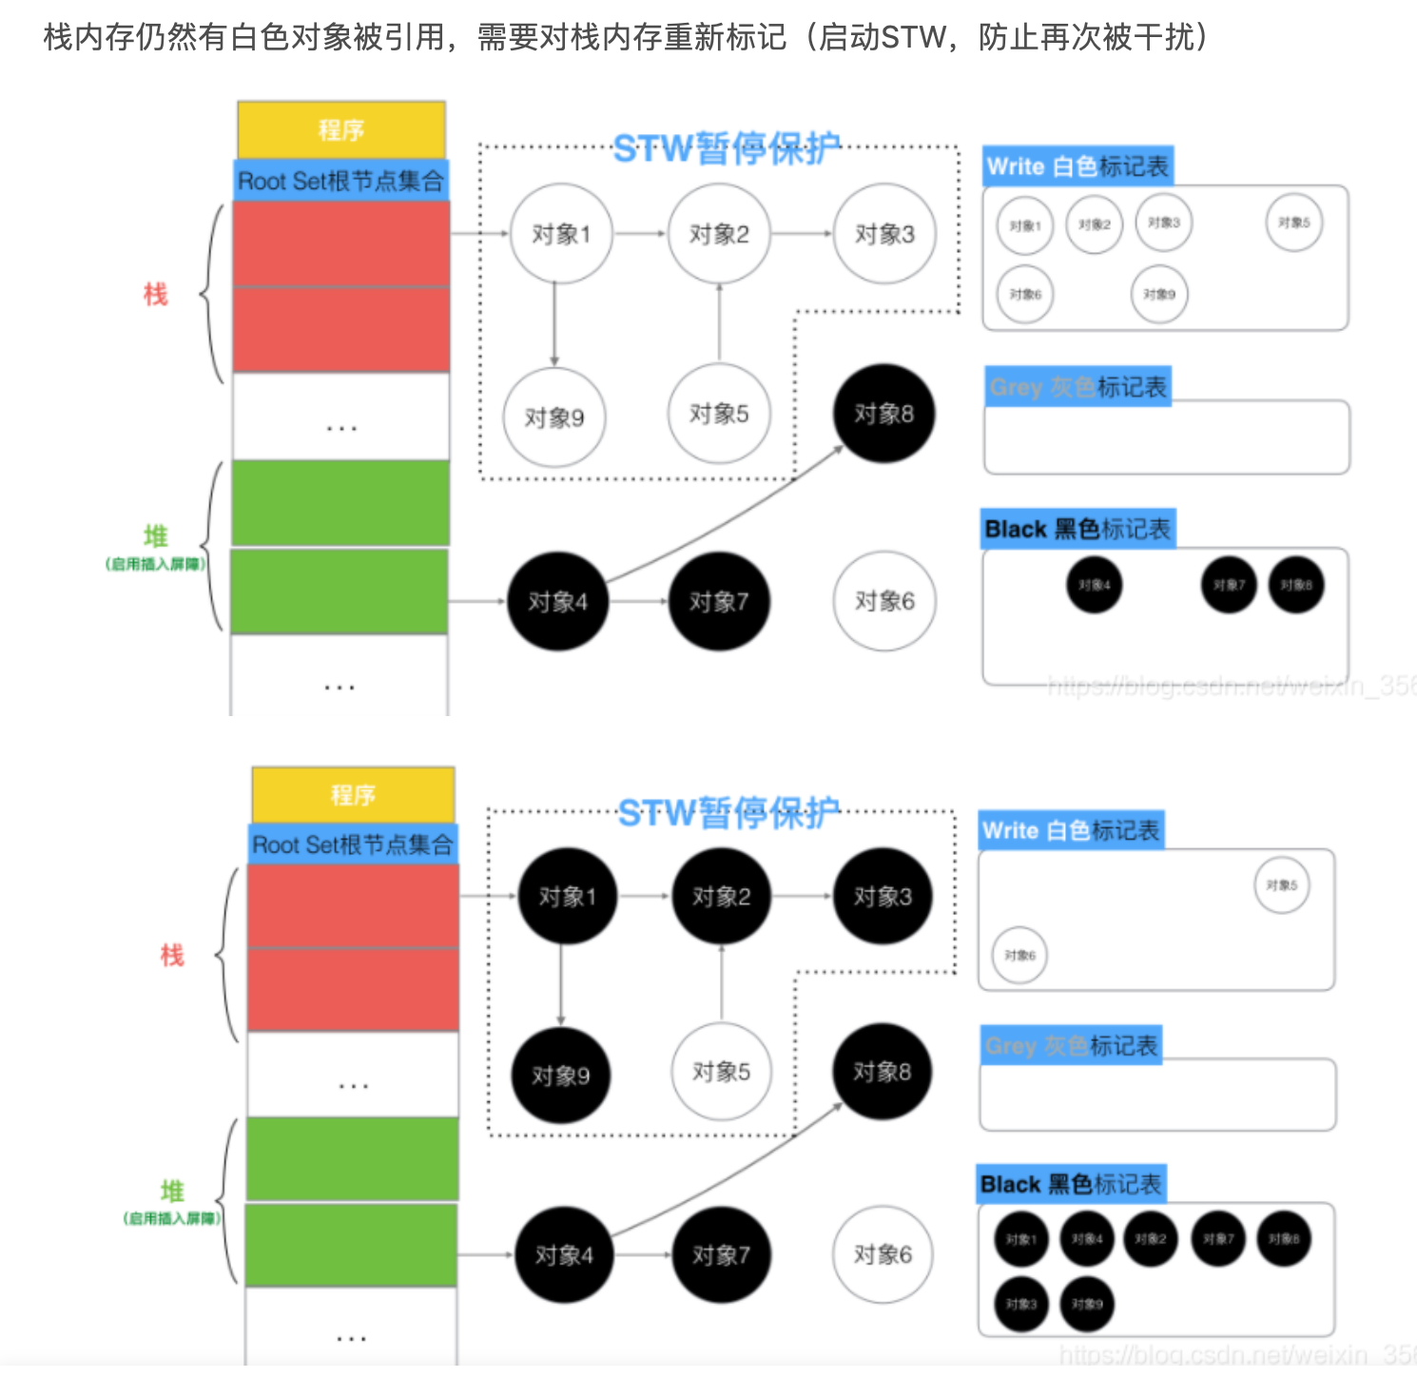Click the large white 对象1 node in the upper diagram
pyautogui.click(x=560, y=233)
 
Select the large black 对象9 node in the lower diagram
pyautogui.click(x=561, y=1076)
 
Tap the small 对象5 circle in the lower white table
pyautogui.click(x=1281, y=885)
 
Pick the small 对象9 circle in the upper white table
pyautogui.click(x=1159, y=295)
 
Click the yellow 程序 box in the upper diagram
pyautogui.click(x=341, y=129)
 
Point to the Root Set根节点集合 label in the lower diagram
pyautogui.click(x=353, y=844)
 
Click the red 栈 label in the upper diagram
pyautogui.click(x=155, y=294)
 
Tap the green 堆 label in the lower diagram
pyautogui.click(x=172, y=1191)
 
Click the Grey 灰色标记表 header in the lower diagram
pyautogui.click(x=1071, y=1046)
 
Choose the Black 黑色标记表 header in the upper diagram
pyautogui.click(x=1077, y=530)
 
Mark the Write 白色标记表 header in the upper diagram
pyautogui.click(x=1077, y=167)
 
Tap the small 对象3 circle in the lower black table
pyautogui.click(x=1021, y=1304)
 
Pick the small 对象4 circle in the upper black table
pyautogui.click(x=1095, y=585)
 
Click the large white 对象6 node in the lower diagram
pyautogui.click(x=883, y=1255)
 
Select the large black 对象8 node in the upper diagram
pyautogui.click(x=883, y=414)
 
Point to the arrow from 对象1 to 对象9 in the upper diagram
pyautogui.click(x=554, y=323)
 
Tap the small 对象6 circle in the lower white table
pyautogui.click(x=1019, y=955)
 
